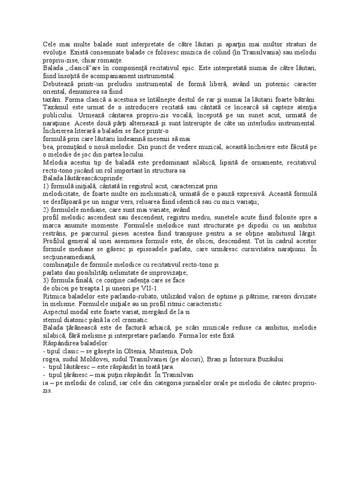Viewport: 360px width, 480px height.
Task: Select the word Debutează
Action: [x=57, y=84]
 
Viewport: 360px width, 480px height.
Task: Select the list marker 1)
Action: [x=46, y=186]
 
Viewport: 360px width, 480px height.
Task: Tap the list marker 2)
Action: [x=46, y=209]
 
